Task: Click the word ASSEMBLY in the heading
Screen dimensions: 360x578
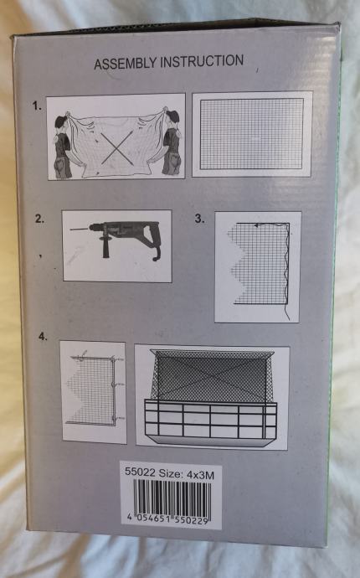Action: pos(126,63)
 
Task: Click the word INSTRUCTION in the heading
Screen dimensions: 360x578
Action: pos(202,61)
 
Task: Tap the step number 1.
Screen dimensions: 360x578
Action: pos(37,106)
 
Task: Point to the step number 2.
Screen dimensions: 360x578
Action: pos(40,219)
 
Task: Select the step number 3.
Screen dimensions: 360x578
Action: pos(199,219)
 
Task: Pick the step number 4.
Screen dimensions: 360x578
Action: pos(43,337)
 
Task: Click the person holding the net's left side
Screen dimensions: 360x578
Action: pos(64,144)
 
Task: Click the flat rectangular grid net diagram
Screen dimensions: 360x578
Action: pos(252,134)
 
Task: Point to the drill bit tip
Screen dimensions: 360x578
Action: pos(70,230)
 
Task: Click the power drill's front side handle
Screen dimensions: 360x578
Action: pos(106,245)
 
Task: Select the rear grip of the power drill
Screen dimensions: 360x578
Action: pos(154,244)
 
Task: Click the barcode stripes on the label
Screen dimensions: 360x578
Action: pos(172,498)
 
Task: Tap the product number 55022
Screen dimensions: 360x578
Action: pos(140,472)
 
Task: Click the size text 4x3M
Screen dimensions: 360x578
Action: pos(200,475)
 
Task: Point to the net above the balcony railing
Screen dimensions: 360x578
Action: pos(213,375)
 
